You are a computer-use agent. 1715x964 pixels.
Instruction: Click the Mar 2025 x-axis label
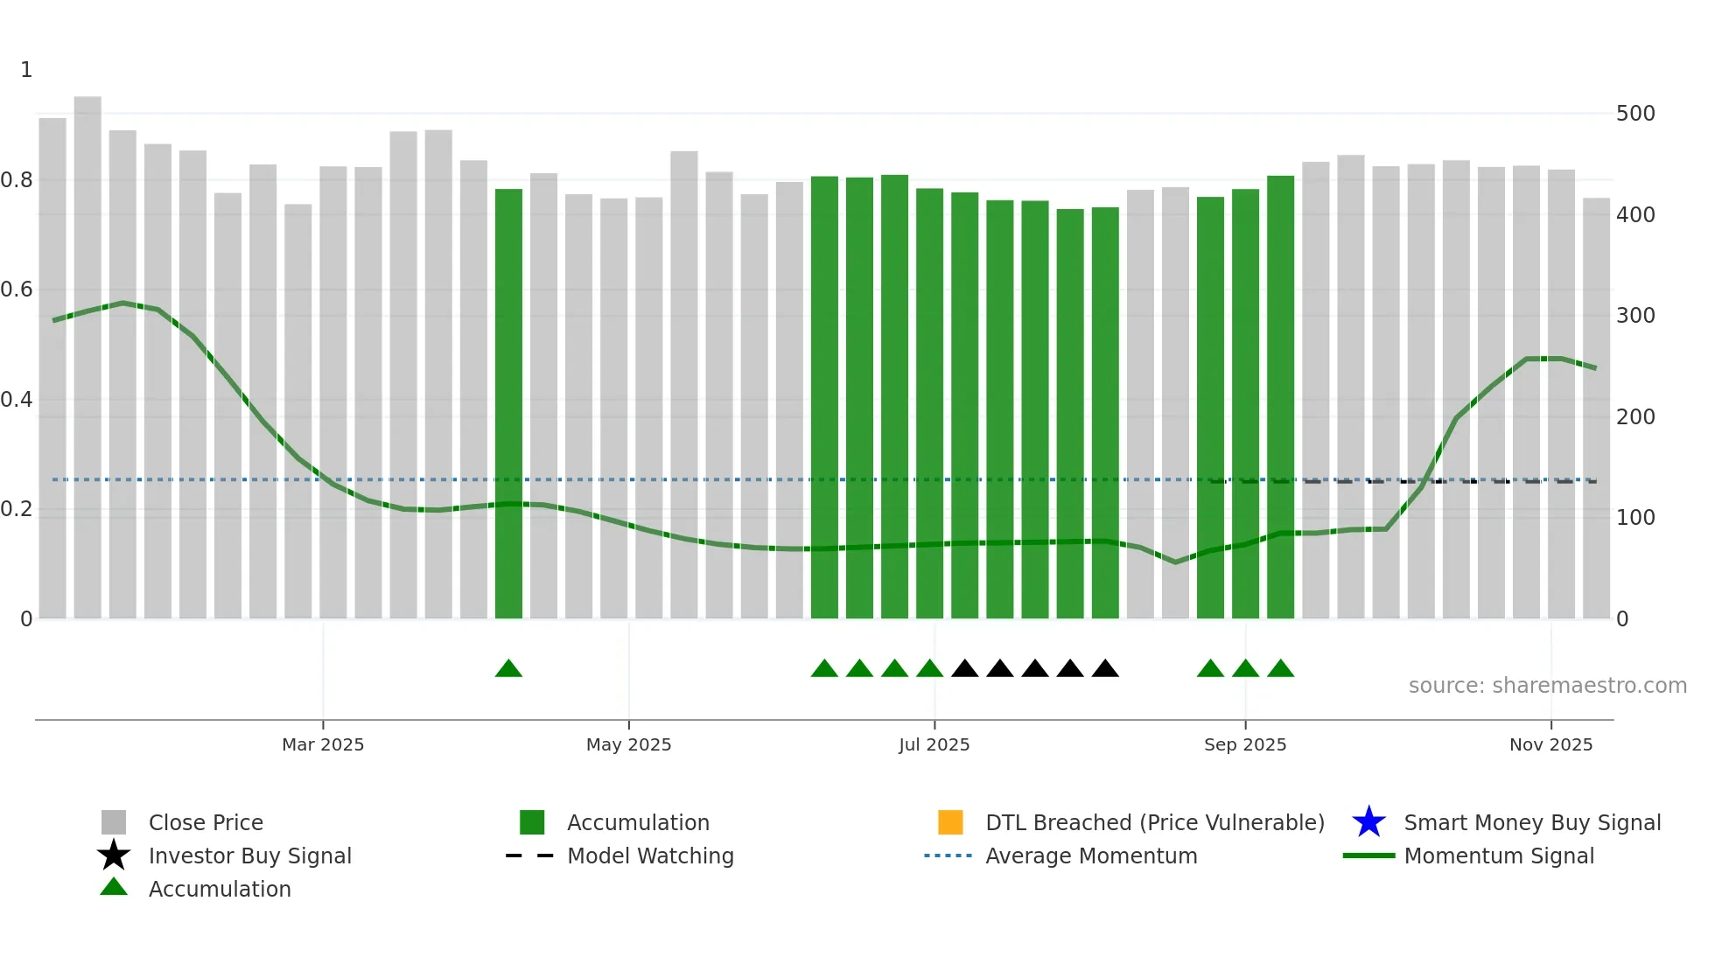point(323,744)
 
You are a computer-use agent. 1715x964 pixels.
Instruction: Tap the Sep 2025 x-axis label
point(1245,744)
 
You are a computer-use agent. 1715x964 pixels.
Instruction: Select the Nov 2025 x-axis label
point(1550,744)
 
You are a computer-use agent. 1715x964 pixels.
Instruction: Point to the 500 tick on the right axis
point(1635,114)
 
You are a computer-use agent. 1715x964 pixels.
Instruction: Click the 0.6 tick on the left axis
point(17,290)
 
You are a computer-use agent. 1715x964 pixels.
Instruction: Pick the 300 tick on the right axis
point(1635,316)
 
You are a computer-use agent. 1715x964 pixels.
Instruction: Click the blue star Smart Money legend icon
point(1368,822)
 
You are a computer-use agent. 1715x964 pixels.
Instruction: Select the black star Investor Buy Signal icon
point(114,856)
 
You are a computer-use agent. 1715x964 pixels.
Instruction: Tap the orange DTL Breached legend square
point(950,822)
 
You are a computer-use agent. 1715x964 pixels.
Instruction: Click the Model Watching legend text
point(650,856)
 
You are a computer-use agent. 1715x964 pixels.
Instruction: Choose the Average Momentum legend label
point(1091,856)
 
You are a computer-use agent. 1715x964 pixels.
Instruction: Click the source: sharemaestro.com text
point(1547,686)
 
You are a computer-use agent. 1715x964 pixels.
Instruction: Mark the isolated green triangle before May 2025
point(508,669)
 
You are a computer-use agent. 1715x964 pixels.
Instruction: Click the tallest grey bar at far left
point(87,359)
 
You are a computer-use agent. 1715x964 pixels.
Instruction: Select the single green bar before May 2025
point(508,402)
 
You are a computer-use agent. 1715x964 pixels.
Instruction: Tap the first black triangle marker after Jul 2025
point(964,669)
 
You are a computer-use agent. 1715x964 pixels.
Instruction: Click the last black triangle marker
point(1105,669)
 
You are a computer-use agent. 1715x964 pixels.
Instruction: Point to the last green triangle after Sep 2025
point(1280,669)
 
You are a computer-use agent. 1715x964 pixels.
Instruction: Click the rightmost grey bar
point(1596,411)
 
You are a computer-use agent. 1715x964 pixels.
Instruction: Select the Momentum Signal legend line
point(1368,856)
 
